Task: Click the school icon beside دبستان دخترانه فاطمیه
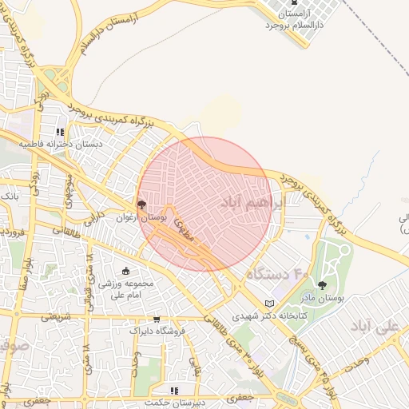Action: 60,133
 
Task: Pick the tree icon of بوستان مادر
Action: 322,285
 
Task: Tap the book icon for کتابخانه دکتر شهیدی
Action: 269,303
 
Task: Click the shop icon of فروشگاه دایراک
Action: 157,319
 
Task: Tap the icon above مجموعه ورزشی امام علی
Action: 125,272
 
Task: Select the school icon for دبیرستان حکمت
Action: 174,390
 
